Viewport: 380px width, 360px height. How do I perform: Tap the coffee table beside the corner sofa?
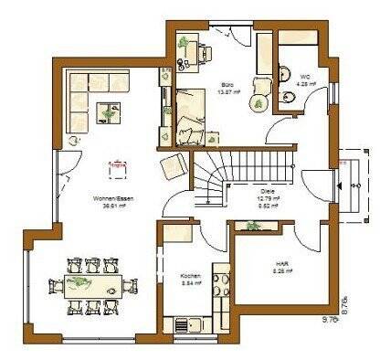(x=113, y=111)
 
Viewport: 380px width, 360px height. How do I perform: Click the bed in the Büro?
(x=195, y=115)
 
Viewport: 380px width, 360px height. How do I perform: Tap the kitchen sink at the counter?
(x=182, y=323)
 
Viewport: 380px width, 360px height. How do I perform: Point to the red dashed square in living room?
(x=117, y=165)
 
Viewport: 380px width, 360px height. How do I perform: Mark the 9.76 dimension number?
(x=329, y=319)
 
